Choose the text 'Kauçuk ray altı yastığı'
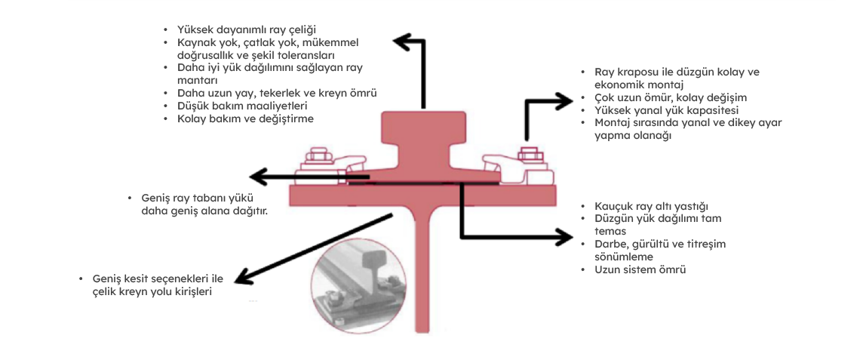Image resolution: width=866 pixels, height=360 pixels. (x=651, y=206)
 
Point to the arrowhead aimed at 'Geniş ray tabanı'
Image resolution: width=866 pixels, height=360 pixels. (x=257, y=178)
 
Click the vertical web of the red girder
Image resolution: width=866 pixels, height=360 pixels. (x=425, y=272)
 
